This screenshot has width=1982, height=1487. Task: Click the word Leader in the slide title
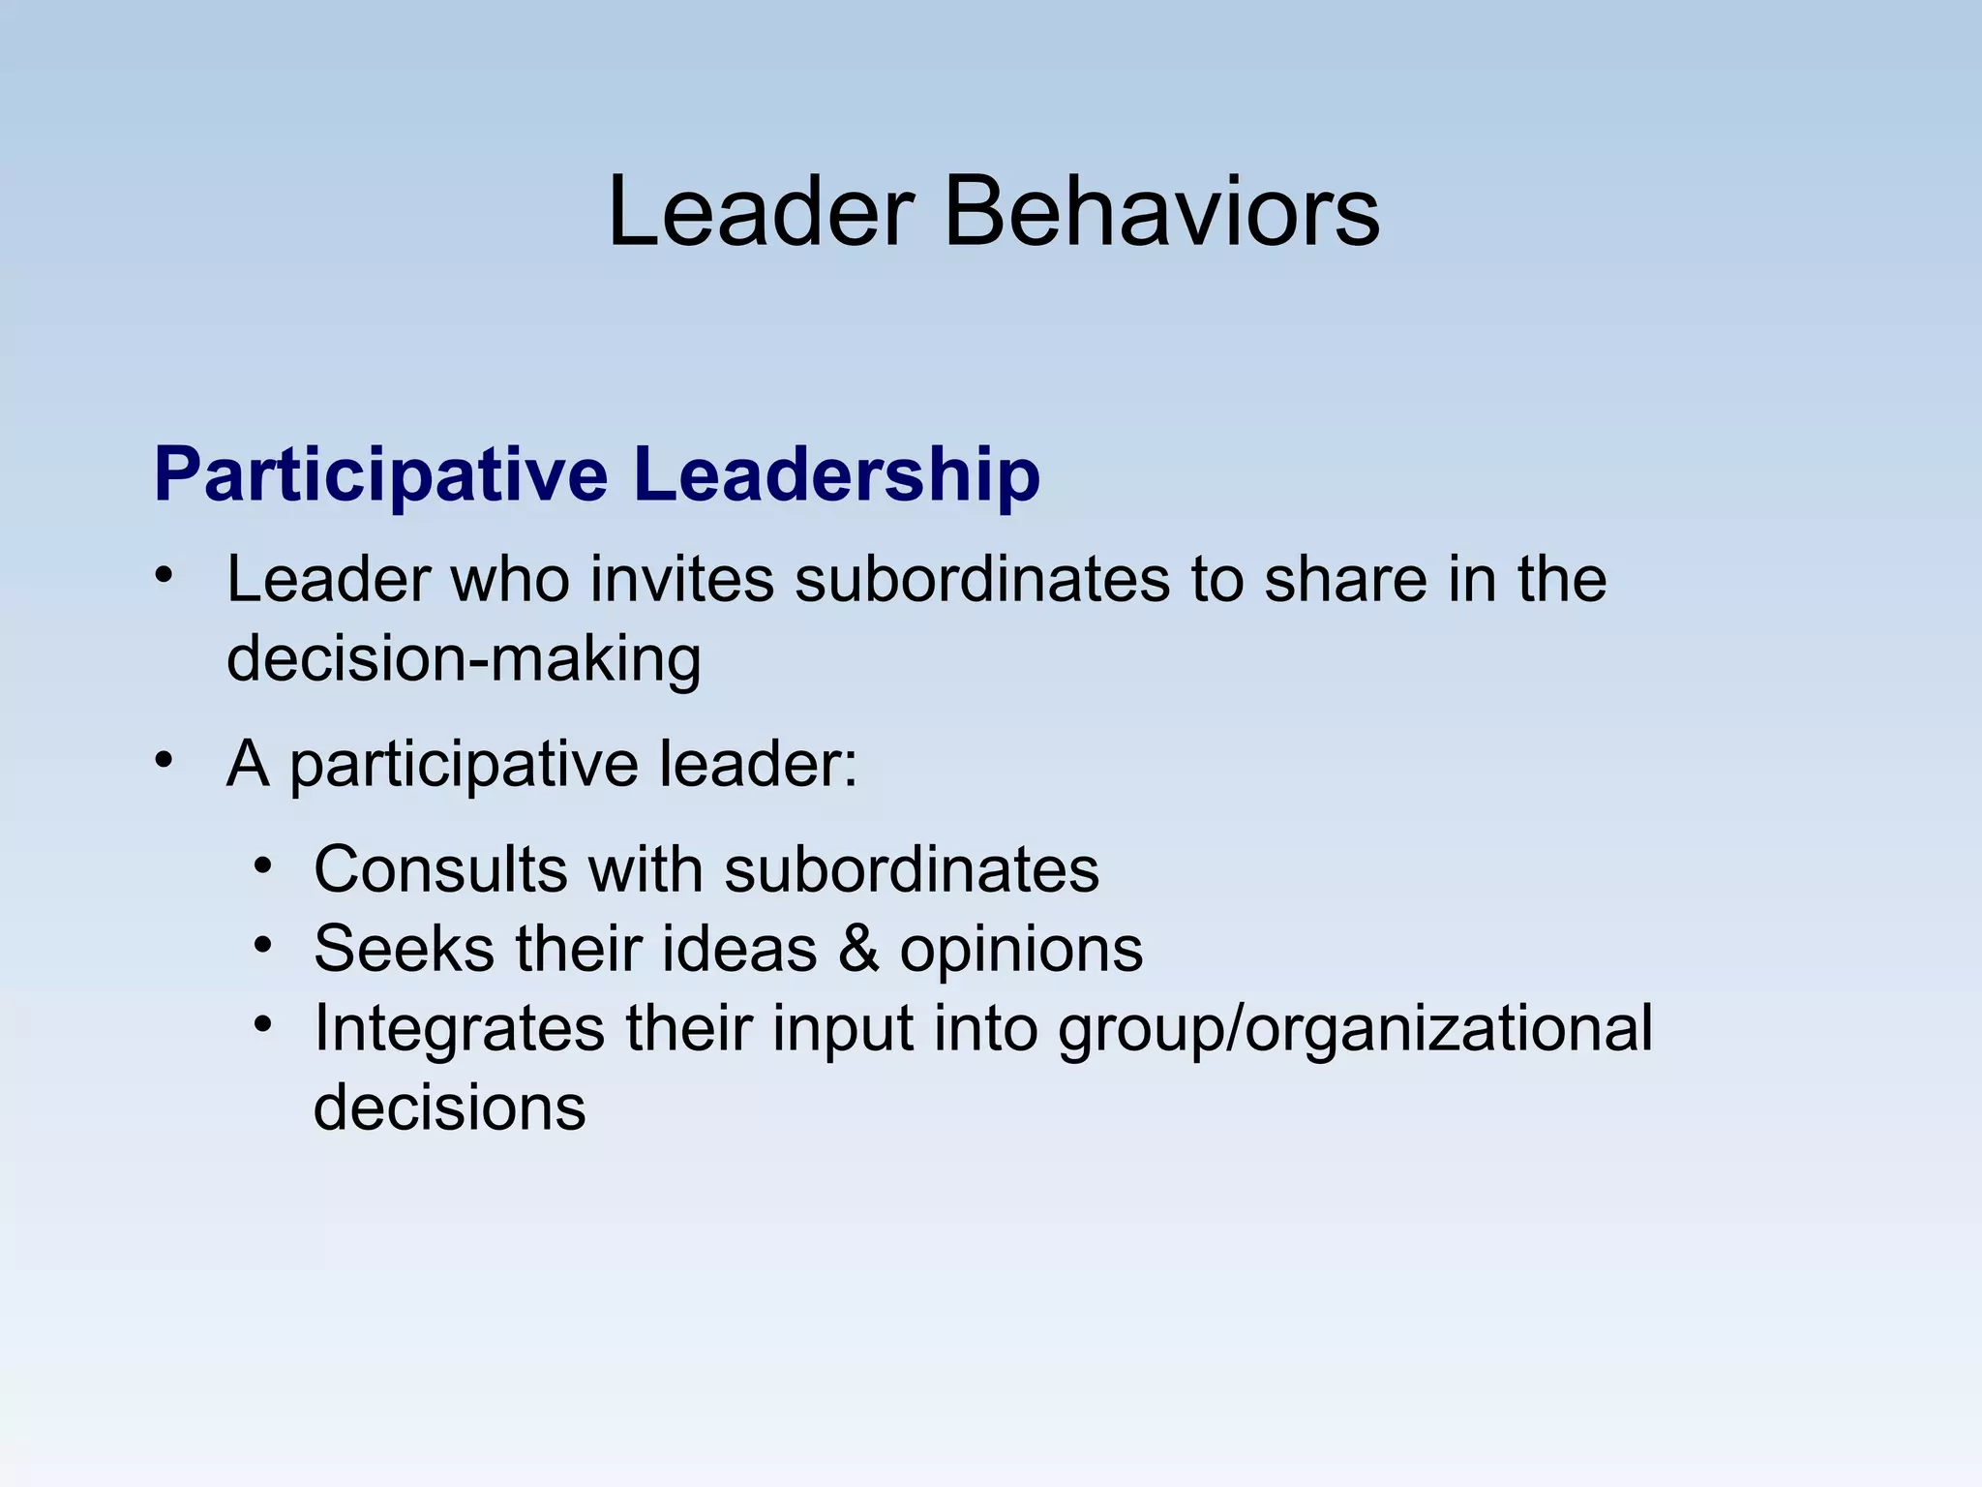761,213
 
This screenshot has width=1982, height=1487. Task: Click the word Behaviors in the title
1160,213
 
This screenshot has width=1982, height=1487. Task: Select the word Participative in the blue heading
380,476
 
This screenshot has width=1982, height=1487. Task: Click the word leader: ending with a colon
758,764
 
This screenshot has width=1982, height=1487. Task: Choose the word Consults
440,868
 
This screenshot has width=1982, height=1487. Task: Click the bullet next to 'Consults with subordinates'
263,864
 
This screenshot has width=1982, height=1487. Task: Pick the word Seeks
404,948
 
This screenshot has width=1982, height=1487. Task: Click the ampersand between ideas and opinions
858,948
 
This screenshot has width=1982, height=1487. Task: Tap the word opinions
1021,950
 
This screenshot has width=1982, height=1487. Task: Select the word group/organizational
1355,1030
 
